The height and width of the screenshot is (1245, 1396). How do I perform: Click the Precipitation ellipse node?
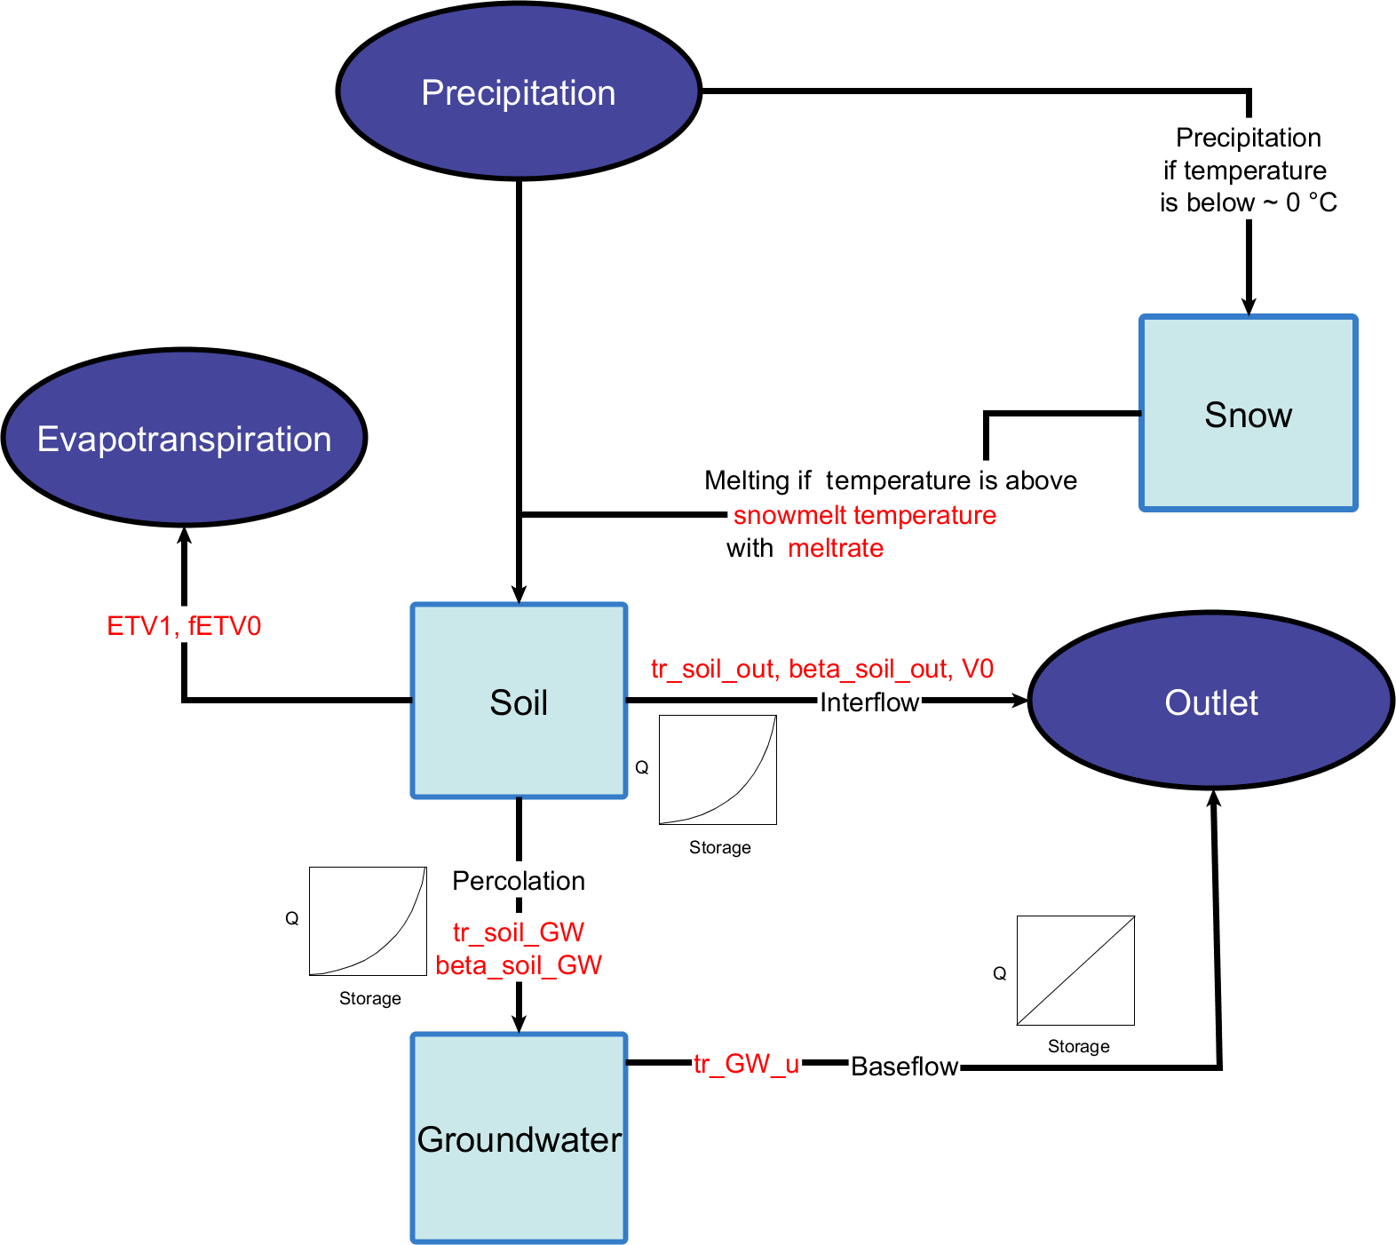[519, 92]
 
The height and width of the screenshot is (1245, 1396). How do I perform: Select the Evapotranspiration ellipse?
[185, 439]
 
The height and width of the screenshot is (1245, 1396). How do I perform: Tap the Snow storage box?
[1249, 414]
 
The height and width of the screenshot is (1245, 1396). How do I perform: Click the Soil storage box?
[520, 702]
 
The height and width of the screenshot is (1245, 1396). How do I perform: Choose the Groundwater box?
[520, 1138]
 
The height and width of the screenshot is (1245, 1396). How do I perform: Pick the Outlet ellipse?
[1211, 702]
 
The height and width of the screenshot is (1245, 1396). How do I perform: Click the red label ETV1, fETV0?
[184, 626]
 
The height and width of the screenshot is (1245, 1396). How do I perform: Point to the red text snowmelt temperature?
[864, 515]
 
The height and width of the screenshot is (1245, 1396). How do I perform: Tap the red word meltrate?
[836, 548]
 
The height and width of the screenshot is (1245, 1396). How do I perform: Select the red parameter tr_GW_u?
[746, 1064]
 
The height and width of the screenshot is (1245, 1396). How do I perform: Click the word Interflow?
[869, 702]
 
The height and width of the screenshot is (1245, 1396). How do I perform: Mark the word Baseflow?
[904, 1066]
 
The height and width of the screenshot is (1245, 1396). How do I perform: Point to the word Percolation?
[519, 881]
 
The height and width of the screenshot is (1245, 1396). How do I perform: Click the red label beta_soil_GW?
[519, 965]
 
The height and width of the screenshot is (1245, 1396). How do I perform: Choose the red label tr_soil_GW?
[519, 932]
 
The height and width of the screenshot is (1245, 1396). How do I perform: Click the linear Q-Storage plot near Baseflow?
[1075, 971]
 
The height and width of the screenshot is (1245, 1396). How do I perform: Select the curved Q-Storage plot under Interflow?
[718, 770]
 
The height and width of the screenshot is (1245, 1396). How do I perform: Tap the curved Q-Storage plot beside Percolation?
[368, 921]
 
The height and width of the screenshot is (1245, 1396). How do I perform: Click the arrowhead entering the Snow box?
[1249, 307]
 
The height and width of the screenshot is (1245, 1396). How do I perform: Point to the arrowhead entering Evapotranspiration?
[184, 534]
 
